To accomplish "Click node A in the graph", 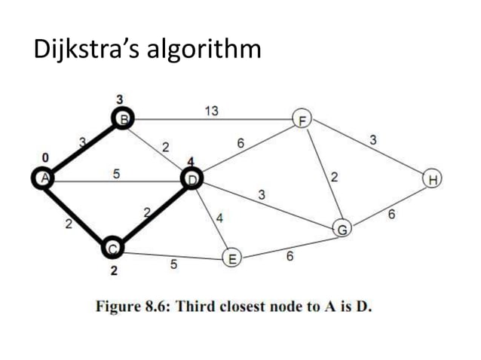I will coord(43,178).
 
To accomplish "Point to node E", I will coord(231,260).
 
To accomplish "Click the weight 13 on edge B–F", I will coord(212,111).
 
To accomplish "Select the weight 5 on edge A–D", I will coord(116,173).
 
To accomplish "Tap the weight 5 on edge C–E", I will coord(174,264).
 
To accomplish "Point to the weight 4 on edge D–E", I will coord(220,218).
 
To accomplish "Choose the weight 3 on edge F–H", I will coord(374,139).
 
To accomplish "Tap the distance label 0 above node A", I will coord(44,157).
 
